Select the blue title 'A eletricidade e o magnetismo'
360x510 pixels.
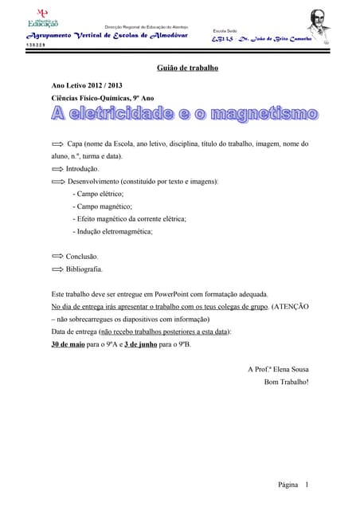[185, 116]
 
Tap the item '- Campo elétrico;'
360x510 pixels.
[99, 194]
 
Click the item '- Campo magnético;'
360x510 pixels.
[103, 206]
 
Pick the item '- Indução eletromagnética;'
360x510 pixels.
[112, 231]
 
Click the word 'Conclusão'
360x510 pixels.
[83, 257]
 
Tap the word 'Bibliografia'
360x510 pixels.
[84, 269]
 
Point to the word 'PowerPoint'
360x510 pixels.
[168, 294]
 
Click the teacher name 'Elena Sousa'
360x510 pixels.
[290, 369]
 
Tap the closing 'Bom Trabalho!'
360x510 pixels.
[286, 381]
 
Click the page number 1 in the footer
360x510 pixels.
[307, 484]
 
